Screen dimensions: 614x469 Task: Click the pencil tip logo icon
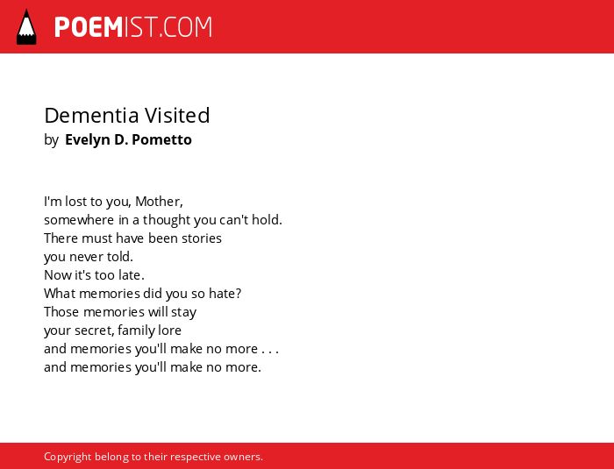[x=26, y=27]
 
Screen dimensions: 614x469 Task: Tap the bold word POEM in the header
[x=89, y=27]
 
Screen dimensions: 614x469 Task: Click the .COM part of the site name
[x=185, y=27]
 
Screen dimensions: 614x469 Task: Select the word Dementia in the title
[x=91, y=116]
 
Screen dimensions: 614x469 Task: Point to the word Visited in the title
[x=177, y=116]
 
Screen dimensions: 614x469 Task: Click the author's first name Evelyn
[x=87, y=140]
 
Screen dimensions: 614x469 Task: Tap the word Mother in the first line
[x=157, y=202]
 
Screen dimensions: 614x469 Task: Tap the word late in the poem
[x=129, y=274]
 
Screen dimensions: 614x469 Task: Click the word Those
[x=61, y=311]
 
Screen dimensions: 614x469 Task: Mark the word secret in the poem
[x=94, y=330]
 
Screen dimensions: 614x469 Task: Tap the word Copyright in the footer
[x=68, y=457]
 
